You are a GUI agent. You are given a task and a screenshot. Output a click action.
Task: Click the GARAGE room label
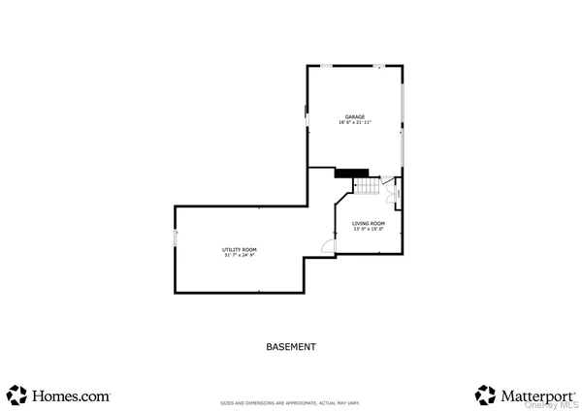pyautogui.click(x=355, y=116)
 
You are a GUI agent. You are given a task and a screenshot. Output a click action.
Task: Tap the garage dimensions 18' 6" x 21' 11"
pyautogui.click(x=355, y=123)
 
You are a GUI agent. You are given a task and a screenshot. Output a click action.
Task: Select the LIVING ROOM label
pyautogui.click(x=368, y=223)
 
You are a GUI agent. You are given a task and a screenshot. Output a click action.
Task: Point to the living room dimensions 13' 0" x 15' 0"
pyautogui.click(x=368, y=230)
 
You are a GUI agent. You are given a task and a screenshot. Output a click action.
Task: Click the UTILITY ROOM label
pyautogui.click(x=240, y=249)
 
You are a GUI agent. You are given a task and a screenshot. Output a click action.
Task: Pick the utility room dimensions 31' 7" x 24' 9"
pyautogui.click(x=240, y=256)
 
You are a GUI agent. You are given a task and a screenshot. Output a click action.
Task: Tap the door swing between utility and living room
pyautogui.click(x=328, y=247)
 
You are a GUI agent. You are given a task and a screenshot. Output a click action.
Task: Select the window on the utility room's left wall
pyautogui.click(x=175, y=238)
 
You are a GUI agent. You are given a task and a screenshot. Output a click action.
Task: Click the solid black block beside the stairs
pyautogui.click(x=345, y=174)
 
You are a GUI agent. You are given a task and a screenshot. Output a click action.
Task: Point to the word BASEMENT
pyautogui.click(x=291, y=346)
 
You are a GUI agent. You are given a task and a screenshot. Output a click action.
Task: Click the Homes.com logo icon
pyautogui.click(x=16, y=395)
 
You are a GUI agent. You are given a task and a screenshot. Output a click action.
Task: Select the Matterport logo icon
pyautogui.click(x=485, y=395)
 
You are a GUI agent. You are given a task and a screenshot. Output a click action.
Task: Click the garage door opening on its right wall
pyautogui.click(x=403, y=126)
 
